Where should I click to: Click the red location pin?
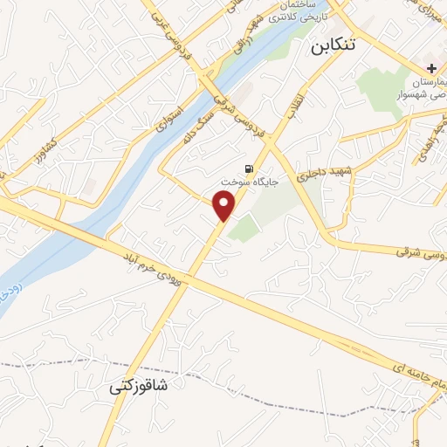225,206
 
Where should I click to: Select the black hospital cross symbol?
431,69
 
